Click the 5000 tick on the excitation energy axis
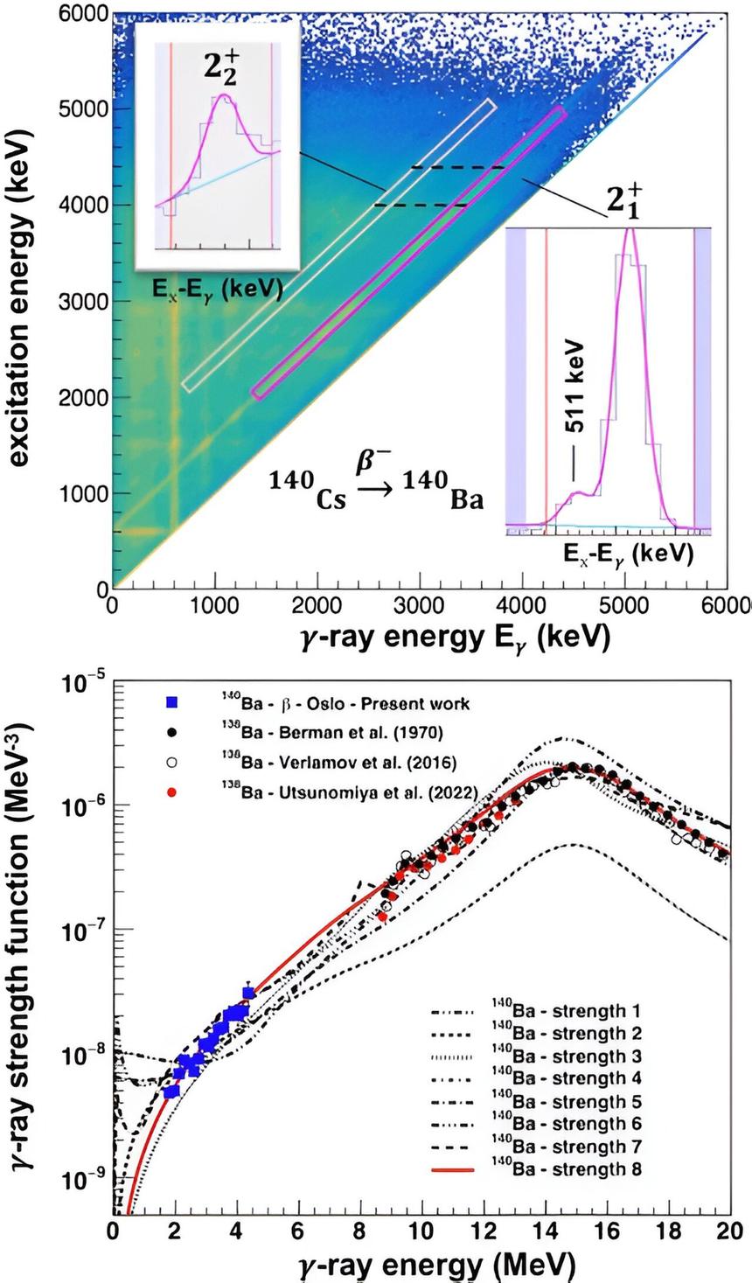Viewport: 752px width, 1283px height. click(84, 108)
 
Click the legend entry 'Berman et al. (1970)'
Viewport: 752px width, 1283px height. click(345, 733)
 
